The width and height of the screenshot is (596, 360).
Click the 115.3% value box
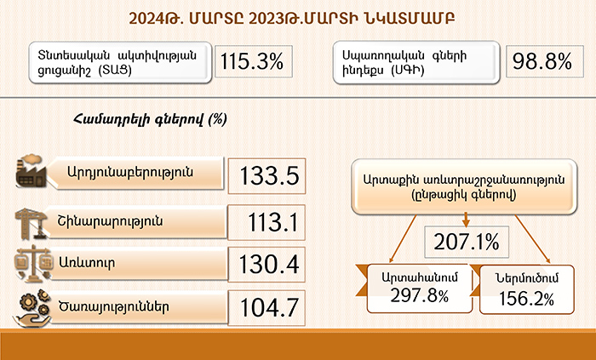coord(253,61)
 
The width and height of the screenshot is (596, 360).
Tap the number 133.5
coord(270,176)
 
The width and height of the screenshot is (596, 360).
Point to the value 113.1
coord(273,222)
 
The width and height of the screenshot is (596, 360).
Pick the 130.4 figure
coord(269,265)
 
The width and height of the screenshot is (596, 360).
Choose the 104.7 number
coord(270,307)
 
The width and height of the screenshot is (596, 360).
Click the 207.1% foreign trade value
coord(467,242)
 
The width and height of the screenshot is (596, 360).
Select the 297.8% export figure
coord(420,296)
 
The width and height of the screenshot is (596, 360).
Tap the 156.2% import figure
coord(526,299)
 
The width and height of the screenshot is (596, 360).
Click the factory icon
coord(31,171)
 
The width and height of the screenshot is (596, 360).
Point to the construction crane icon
coord(31,224)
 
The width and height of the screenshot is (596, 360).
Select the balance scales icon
coord(33,263)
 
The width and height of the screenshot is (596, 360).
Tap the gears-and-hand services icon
coord(32,307)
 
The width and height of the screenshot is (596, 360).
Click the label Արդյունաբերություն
coord(130,173)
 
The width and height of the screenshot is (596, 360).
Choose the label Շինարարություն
coord(110,221)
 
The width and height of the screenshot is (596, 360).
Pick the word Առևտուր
coord(87,262)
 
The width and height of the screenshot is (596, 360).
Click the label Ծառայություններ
coord(113,307)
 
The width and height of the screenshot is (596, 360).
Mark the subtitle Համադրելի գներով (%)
coord(150,119)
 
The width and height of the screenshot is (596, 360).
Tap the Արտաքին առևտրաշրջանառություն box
coord(464,187)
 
